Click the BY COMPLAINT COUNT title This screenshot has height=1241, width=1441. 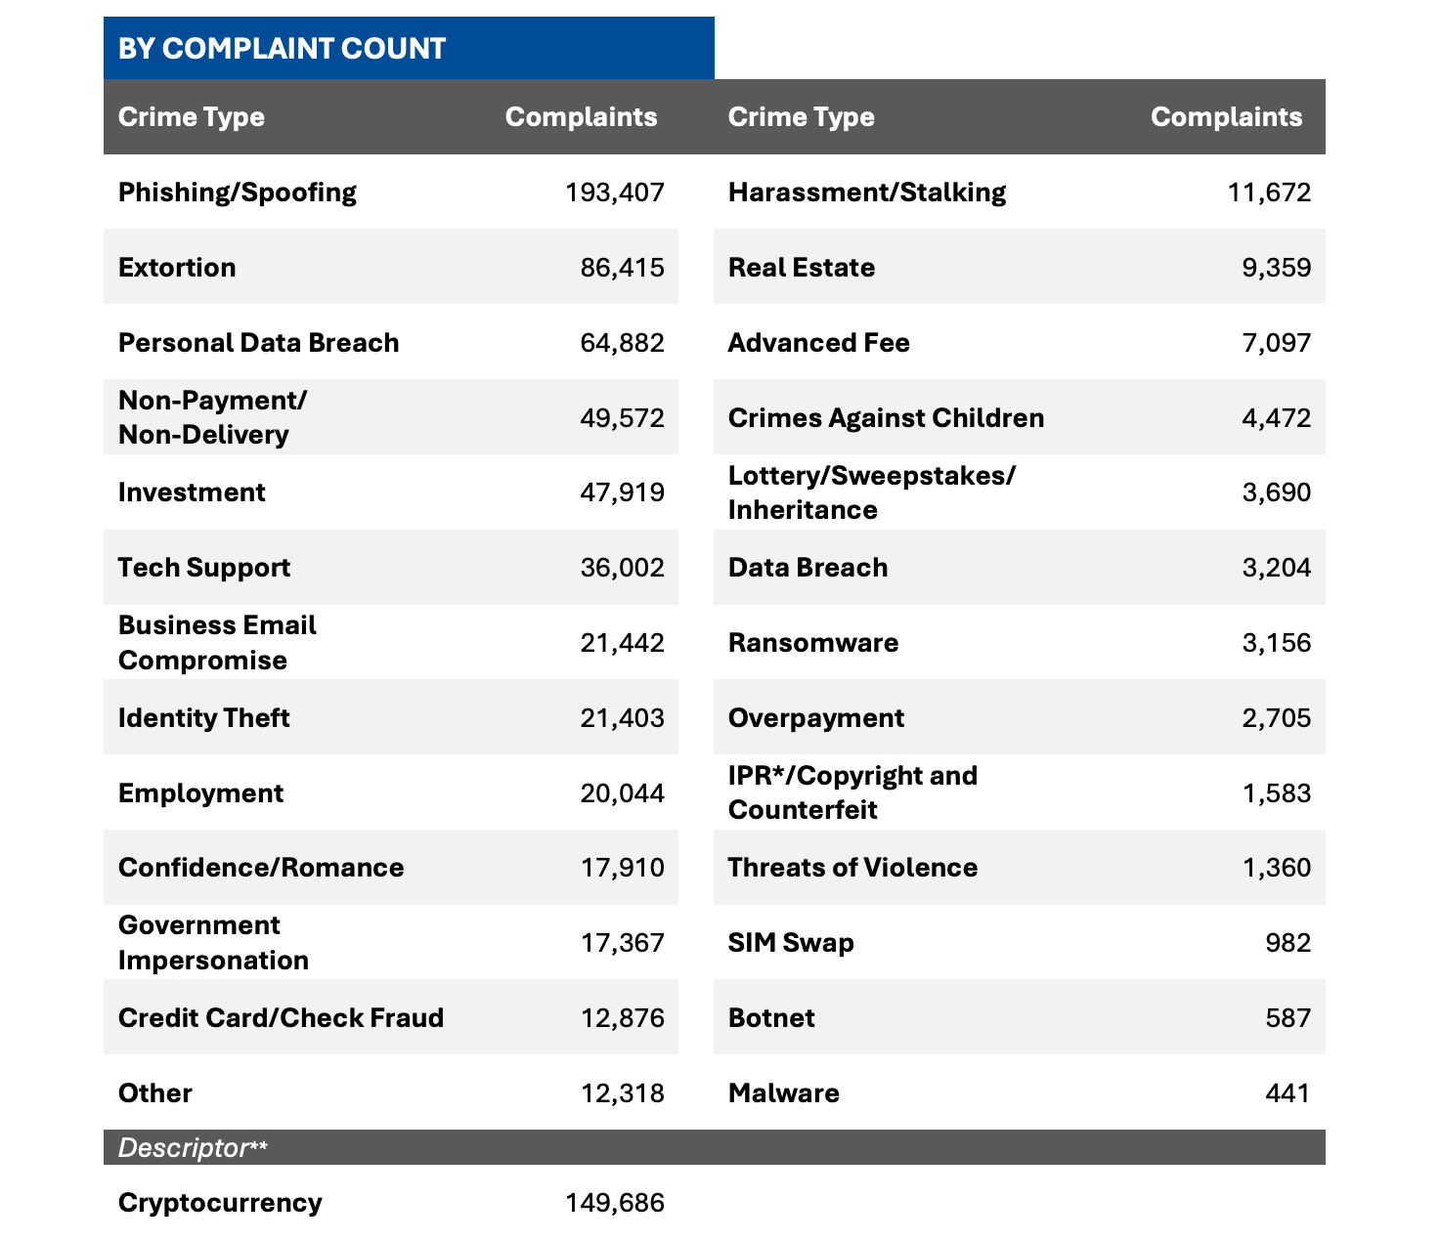coord(282,49)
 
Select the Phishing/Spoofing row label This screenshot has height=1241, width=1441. coord(238,192)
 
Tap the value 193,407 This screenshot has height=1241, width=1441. coord(615,192)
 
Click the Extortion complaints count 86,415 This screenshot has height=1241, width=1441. coord(623,268)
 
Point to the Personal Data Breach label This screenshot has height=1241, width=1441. coord(259,343)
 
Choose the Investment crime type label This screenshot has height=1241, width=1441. coord(192,492)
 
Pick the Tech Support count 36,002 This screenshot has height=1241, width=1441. coord(623,568)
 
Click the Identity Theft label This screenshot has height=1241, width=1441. coord(204,718)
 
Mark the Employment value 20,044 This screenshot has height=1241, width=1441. coord(623,793)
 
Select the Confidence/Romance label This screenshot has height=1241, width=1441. coord(261,868)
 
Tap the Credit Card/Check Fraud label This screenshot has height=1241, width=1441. coord(282,1018)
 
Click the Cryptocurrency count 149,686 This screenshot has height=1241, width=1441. coord(615,1203)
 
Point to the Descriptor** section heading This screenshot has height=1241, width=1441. coord(193,1147)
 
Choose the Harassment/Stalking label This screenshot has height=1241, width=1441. coord(867,192)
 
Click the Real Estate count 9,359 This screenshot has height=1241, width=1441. coord(1277,268)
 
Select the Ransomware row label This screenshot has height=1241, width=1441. coord(813,643)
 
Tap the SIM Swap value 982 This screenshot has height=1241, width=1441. coord(1288,943)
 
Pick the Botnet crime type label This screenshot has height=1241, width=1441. coord(771,1018)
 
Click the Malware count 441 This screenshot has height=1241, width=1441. coord(1288,1093)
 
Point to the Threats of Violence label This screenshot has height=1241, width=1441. coord(853,868)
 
